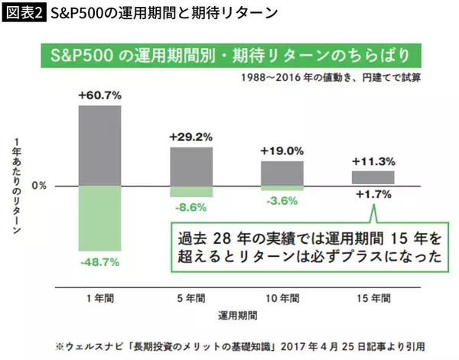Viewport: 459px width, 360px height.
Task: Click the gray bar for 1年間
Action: click(x=99, y=145)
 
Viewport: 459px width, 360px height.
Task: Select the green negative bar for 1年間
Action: click(x=99, y=218)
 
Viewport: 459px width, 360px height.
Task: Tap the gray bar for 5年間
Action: click(x=191, y=166)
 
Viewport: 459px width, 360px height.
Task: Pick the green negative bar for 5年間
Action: click(x=191, y=192)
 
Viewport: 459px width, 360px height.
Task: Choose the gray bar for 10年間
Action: click(x=282, y=173)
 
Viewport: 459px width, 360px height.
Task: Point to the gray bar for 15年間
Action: click(x=373, y=178)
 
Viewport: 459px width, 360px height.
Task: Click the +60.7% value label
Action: click(x=99, y=96)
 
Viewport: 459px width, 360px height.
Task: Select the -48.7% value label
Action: click(x=99, y=261)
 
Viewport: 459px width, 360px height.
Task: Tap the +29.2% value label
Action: click(x=191, y=138)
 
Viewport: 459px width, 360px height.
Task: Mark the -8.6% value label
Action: click(x=191, y=207)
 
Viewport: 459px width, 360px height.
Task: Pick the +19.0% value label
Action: click(x=282, y=151)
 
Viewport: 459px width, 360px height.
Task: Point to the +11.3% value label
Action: click(x=373, y=161)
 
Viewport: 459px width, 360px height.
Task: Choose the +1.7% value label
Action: click(x=373, y=195)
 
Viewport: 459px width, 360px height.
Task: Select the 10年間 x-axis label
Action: click(x=282, y=296)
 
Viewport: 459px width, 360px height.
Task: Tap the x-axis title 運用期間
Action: click(x=236, y=313)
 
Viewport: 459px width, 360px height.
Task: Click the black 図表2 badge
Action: click(x=24, y=14)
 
